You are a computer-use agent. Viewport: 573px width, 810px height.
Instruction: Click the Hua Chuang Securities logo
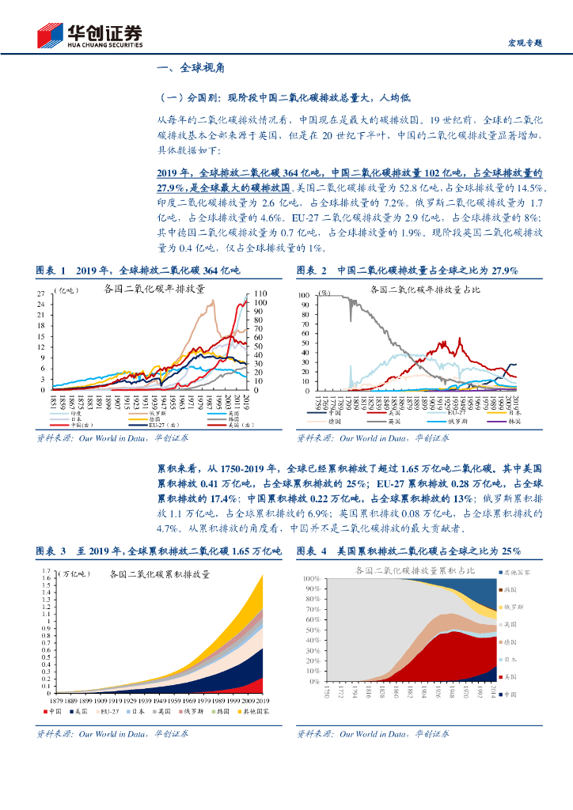click(x=90, y=36)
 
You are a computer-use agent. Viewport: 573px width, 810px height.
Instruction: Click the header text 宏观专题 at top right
click(x=524, y=44)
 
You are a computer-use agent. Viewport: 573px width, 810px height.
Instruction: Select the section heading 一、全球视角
click(x=192, y=70)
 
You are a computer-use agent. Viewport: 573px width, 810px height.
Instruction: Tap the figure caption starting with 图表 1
click(x=138, y=271)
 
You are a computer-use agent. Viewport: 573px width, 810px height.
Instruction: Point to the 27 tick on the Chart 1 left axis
click(x=42, y=293)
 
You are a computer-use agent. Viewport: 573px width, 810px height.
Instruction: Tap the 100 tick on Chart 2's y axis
click(x=304, y=294)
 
